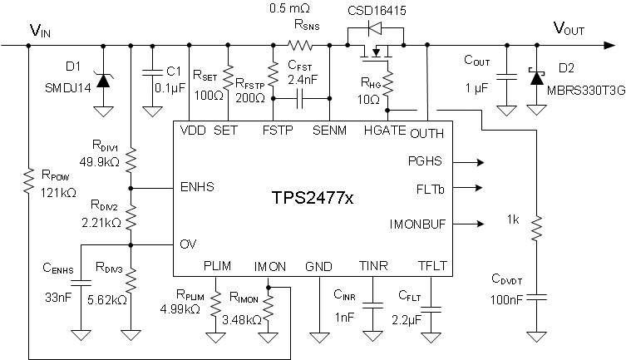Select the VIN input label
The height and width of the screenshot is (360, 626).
39,31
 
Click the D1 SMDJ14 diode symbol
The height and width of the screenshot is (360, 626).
103,81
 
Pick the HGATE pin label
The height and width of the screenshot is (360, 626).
382,131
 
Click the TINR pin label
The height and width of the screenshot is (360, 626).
372,266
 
